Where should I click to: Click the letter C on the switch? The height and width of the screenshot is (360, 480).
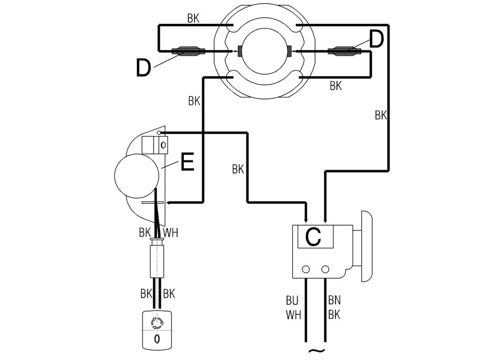tap(313, 236)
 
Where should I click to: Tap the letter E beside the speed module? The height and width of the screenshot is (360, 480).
tap(187, 163)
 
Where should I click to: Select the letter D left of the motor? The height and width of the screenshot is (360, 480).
tap(143, 68)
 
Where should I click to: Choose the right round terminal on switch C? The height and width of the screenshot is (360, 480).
tap(325, 270)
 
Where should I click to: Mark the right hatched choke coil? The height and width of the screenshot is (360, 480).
tap(345, 51)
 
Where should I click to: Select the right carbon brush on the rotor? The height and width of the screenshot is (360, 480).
tap(289, 50)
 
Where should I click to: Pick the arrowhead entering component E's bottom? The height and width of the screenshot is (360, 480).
tap(170, 203)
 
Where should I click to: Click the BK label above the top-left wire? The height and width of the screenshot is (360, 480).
tap(194, 19)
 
